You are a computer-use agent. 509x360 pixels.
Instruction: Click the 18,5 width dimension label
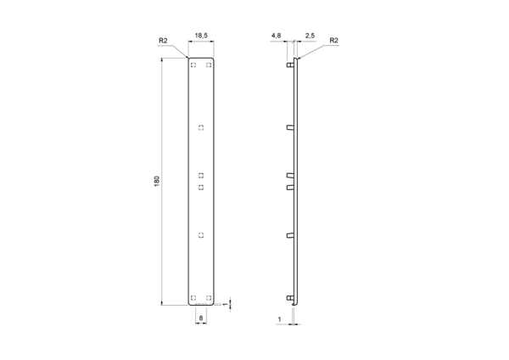tap(201, 36)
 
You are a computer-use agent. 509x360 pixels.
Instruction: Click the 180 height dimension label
tap(157, 181)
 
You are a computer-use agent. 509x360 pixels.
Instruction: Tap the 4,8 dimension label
tap(276, 36)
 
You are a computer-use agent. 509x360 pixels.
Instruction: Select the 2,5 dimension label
tap(310, 36)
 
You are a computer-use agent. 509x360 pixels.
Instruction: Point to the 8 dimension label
tap(201, 318)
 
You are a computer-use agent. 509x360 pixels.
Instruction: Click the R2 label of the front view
tap(163, 41)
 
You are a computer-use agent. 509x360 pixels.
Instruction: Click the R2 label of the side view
tap(333, 40)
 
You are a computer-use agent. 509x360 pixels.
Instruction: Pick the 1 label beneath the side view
tap(279, 320)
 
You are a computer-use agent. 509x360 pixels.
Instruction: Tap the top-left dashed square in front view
tap(193, 65)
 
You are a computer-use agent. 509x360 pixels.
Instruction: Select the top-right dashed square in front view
tap(209, 65)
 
